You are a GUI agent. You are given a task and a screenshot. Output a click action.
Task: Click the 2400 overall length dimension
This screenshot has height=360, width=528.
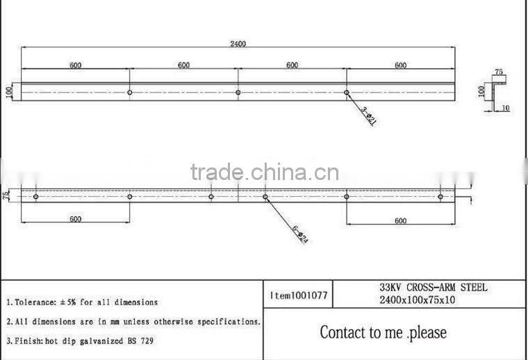[238, 43]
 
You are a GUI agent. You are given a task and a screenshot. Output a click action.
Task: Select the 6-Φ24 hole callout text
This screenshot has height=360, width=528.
[299, 236]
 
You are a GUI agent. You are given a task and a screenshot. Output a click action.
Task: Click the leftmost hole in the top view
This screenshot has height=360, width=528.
[130, 92]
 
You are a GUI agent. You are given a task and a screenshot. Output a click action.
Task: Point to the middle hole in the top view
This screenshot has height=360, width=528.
[238, 92]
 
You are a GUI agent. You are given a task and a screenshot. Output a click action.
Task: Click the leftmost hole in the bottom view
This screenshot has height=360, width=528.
[35, 197]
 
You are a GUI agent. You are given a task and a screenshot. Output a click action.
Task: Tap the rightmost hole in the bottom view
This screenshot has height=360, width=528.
[440, 197]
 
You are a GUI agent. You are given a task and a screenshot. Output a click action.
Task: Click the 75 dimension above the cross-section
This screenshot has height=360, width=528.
[498, 72]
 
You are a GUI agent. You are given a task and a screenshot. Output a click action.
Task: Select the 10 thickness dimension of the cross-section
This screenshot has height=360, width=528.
[505, 108]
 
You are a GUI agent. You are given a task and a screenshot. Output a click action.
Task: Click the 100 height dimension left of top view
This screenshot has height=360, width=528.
[10, 92]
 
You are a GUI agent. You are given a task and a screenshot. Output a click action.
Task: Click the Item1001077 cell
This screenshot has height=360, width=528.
[298, 295]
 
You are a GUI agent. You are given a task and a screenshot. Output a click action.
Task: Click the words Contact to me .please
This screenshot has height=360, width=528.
[383, 332]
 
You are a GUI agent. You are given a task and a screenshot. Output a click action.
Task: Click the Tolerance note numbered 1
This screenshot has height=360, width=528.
[82, 302]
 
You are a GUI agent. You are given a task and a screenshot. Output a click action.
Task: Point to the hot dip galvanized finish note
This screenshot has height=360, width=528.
[80, 341]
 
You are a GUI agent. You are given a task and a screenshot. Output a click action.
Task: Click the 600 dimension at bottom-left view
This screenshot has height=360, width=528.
[75, 219]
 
